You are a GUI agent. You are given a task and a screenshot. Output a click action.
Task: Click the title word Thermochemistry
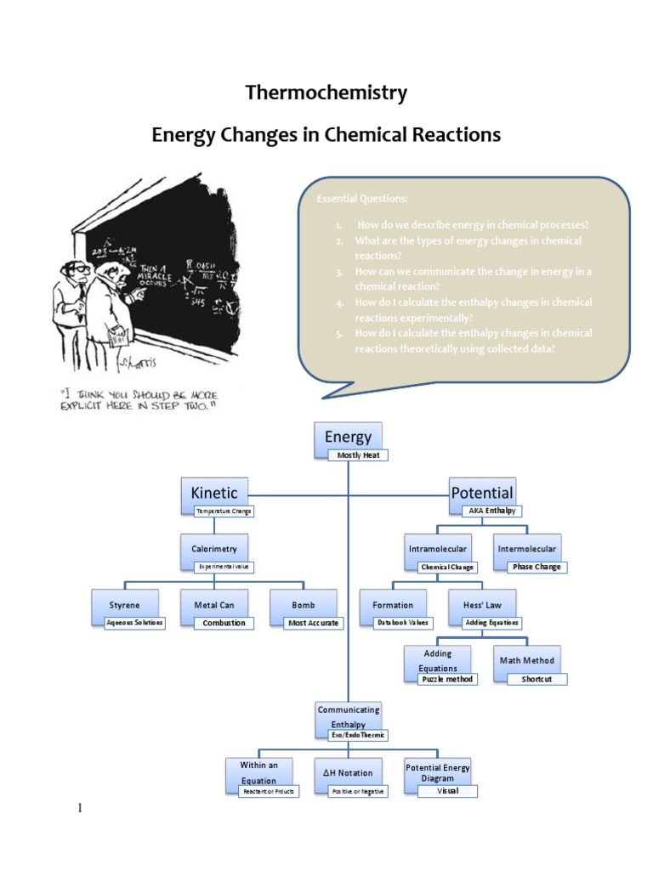pyautogui.click(x=326, y=93)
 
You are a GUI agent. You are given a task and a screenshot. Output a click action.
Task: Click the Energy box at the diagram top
pyautogui.click(x=349, y=437)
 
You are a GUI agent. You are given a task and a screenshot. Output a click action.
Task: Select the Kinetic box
pyautogui.click(x=214, y=493)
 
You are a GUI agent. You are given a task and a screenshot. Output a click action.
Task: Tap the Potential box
pyautogui.click(x=481, y=493)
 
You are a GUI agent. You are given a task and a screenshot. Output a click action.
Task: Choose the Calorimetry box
pyautogui.click(x=214, y=549)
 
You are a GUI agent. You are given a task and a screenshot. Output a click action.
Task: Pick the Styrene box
pyautogui.click(x=125, y=605)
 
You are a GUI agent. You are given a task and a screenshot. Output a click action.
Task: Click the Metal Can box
pyautogui.click(x=214, y=605)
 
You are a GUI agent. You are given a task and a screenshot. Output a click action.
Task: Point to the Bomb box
pyautogui.click(x=304, y=605)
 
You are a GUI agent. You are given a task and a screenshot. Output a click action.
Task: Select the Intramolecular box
pyautogui.click(x=437, y=549)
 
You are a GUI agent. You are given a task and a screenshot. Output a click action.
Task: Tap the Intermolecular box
pyautogui.click(x=527, y=549)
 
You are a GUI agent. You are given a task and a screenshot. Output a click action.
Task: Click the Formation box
pyautogui.click(x=393, y=605)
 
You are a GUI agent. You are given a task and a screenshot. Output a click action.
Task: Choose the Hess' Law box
pyautogui.click(x=481, y=605)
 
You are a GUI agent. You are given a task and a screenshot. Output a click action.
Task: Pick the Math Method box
pyautogui.click(x=527, y=660)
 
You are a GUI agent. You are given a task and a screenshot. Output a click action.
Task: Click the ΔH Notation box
pyautogui.click(x=349, y=773)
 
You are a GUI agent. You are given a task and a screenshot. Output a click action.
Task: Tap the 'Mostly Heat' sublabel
pyautogui.click(x=358, y=455)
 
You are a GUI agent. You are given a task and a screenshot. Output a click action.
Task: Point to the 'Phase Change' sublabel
pyautogui.click(x=537, y=567)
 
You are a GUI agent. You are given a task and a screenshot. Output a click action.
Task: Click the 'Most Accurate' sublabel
pyautogui.click(x=314, y=623)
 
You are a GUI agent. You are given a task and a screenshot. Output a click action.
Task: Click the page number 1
pyautogui.click(x=80, y=807)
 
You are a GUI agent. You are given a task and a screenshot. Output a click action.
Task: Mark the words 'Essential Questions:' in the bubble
pyautogui.click(x=362, y=199)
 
